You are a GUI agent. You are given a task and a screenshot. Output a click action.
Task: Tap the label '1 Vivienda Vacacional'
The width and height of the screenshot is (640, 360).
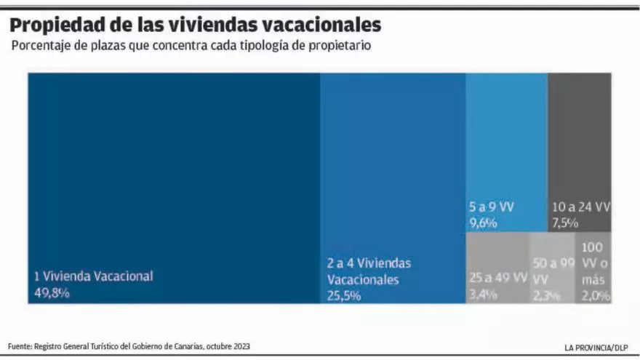[x=94, y=276]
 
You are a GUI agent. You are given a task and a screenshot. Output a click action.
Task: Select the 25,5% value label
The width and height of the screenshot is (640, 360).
[x=344, y=295]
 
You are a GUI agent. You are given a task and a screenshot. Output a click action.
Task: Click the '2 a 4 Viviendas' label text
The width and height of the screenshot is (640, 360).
[x=369, y=263]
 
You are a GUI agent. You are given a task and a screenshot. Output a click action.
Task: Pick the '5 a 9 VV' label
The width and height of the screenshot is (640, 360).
[x=491, y=207]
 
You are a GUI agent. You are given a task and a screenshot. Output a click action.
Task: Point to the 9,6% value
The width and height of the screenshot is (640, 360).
[x=483, y=223]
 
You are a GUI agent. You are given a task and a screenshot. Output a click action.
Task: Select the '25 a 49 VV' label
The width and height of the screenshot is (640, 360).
[x=498, y=277]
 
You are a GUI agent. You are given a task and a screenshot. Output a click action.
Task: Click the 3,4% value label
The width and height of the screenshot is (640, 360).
[x=483, y=294]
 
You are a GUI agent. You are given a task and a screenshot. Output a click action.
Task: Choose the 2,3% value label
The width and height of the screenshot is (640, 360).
[x=545, y=295]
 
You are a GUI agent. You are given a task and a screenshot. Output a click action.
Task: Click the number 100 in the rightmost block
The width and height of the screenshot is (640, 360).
[x=592, y=248]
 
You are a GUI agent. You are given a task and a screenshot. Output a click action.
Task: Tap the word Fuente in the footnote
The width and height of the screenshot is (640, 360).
[x=20, y=346]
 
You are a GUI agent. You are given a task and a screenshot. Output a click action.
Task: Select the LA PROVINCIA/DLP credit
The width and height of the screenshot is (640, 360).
[x=596, y=347]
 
